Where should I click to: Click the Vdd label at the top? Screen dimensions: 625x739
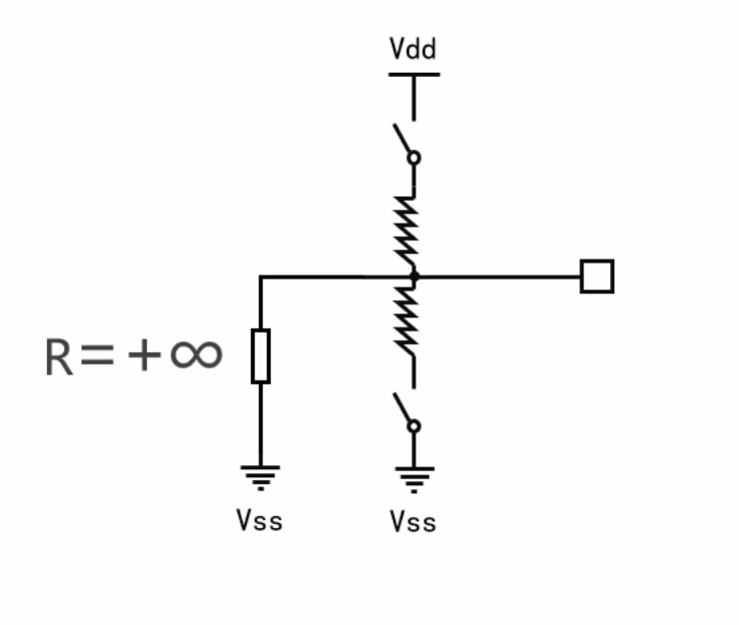tap(412, 48)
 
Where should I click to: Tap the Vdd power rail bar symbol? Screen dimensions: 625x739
tap(413, 75)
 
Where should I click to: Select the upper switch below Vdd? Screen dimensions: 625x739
tap(406, 143)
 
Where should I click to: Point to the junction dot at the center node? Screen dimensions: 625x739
tap(413, 277)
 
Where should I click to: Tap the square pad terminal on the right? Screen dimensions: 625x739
tap(597, 277)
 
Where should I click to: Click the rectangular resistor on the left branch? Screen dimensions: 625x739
tap(261, 355)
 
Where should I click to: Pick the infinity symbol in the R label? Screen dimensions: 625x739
tap(196, 354)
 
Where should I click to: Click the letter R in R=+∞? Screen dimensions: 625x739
tap(59, 356)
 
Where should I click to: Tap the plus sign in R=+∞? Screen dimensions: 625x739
tap(143, 354)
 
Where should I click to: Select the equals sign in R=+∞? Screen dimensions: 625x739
tap(98, 355)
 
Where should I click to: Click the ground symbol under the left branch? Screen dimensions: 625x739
tap(261, 476)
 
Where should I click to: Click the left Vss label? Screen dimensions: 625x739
tap(260, 520)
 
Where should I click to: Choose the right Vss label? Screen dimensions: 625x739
tap(413, 521)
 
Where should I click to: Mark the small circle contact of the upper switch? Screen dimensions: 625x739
tap(414, 158)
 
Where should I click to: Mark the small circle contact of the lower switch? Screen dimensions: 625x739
tap(414, 426)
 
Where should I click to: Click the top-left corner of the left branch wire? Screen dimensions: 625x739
tap(261, 278)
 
